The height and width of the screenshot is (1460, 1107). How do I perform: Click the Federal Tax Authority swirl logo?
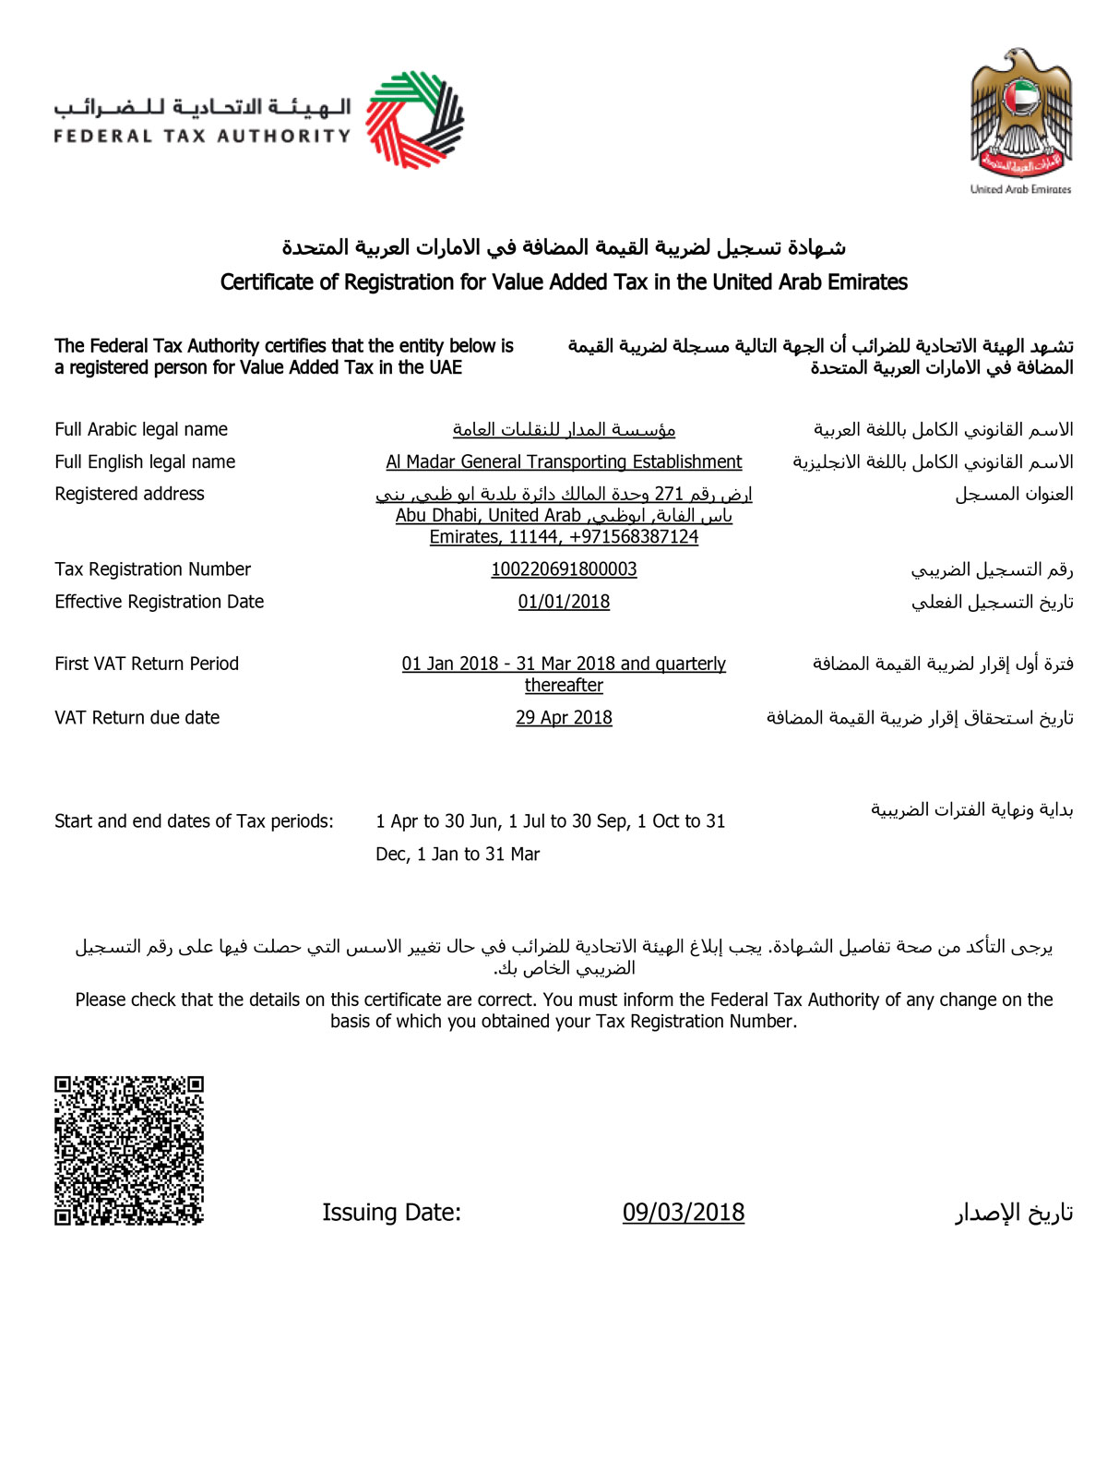(414, 119)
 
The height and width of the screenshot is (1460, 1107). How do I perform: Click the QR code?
(128, 1150)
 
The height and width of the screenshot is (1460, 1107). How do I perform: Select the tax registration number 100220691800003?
(564, 569)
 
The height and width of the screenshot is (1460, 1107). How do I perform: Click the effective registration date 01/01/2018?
(564, 602)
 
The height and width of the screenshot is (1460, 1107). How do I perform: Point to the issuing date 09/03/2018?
(683, 1212)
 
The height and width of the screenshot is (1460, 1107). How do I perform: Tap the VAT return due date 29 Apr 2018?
(564, 717)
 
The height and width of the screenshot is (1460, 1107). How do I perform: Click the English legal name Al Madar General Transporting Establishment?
(564, 461)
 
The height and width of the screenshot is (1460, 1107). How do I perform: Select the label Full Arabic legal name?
(141, 429)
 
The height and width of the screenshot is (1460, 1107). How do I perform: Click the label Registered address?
(129, 494)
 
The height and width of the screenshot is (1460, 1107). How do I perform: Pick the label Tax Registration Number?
(152, 569)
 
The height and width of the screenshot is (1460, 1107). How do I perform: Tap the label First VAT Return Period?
(147, 664)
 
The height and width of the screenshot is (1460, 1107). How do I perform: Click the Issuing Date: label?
(391, 1212)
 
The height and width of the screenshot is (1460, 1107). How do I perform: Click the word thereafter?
(564, 686)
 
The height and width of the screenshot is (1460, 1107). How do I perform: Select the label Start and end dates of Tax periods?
(194, 821)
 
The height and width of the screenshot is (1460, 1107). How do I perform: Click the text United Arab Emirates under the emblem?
(1020, 189)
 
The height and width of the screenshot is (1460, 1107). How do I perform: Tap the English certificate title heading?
(564, 282)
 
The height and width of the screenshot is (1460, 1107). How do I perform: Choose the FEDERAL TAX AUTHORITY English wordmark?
(202, 137)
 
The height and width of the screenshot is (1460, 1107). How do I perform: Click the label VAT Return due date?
(137, 717)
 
